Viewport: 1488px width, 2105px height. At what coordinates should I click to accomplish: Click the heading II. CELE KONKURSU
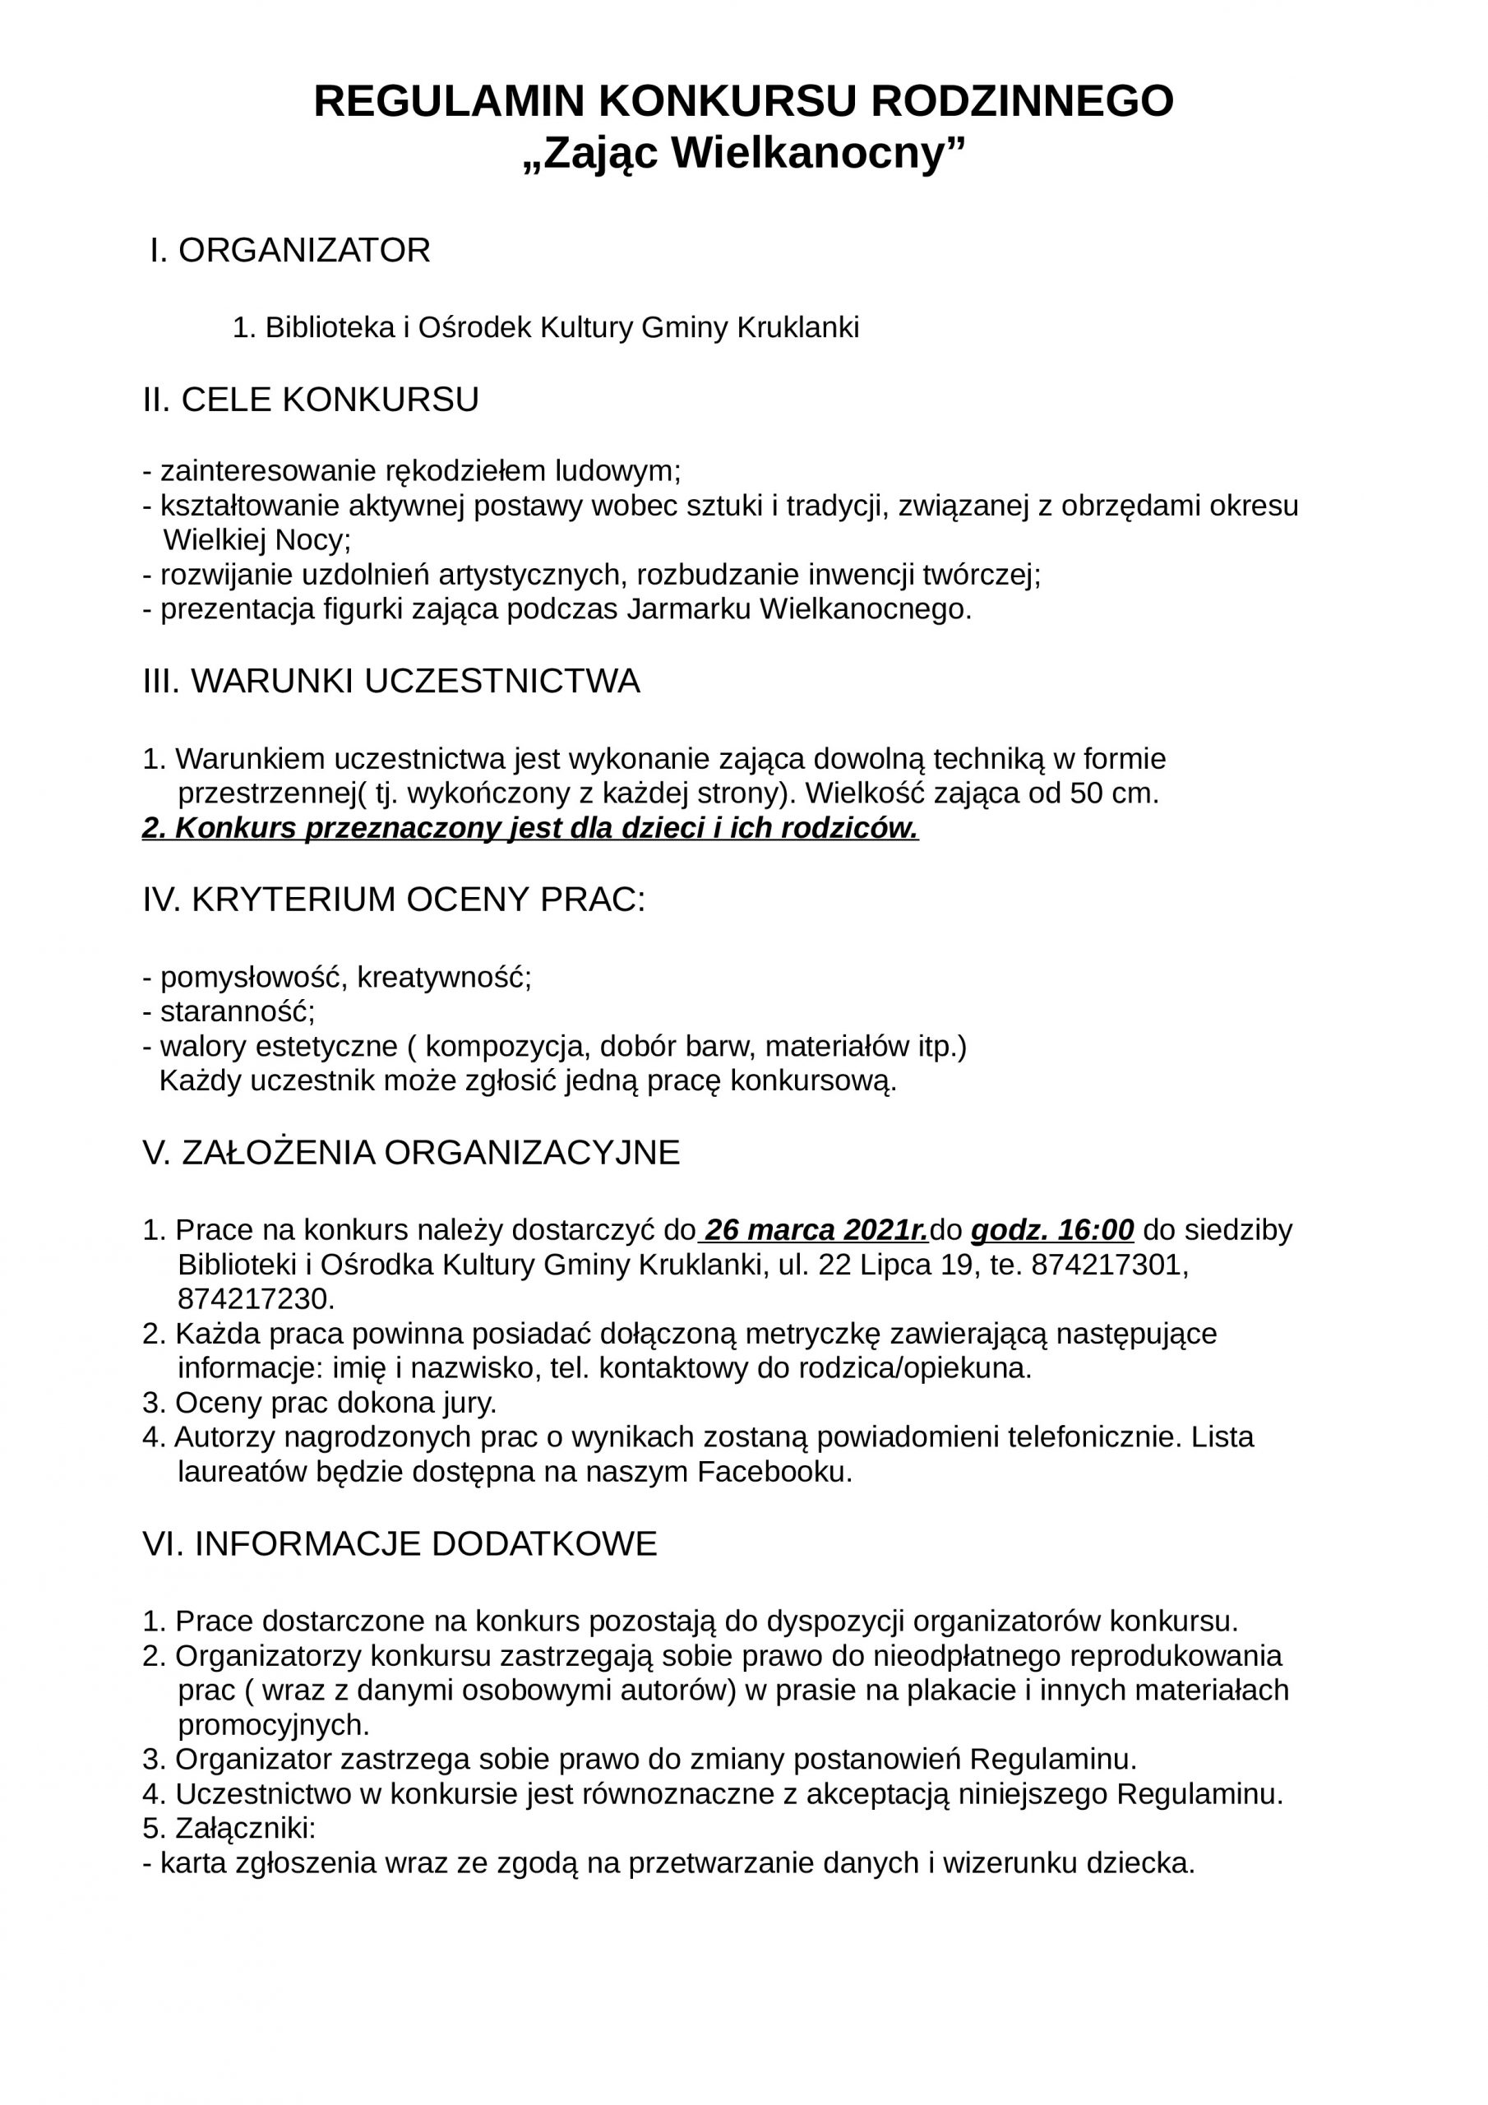311,400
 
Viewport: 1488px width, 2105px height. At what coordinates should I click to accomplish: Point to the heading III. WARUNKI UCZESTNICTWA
391,681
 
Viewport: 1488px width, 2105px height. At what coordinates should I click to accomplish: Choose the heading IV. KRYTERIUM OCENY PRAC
395,900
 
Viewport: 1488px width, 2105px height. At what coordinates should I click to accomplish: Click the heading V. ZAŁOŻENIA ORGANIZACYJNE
412,1153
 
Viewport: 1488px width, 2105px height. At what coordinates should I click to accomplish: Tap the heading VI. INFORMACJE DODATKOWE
400,1544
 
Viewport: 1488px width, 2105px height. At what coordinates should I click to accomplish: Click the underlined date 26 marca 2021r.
816,1229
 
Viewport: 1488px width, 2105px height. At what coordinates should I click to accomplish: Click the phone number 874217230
256,1299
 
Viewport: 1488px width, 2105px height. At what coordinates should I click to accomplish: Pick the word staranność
238,1012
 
